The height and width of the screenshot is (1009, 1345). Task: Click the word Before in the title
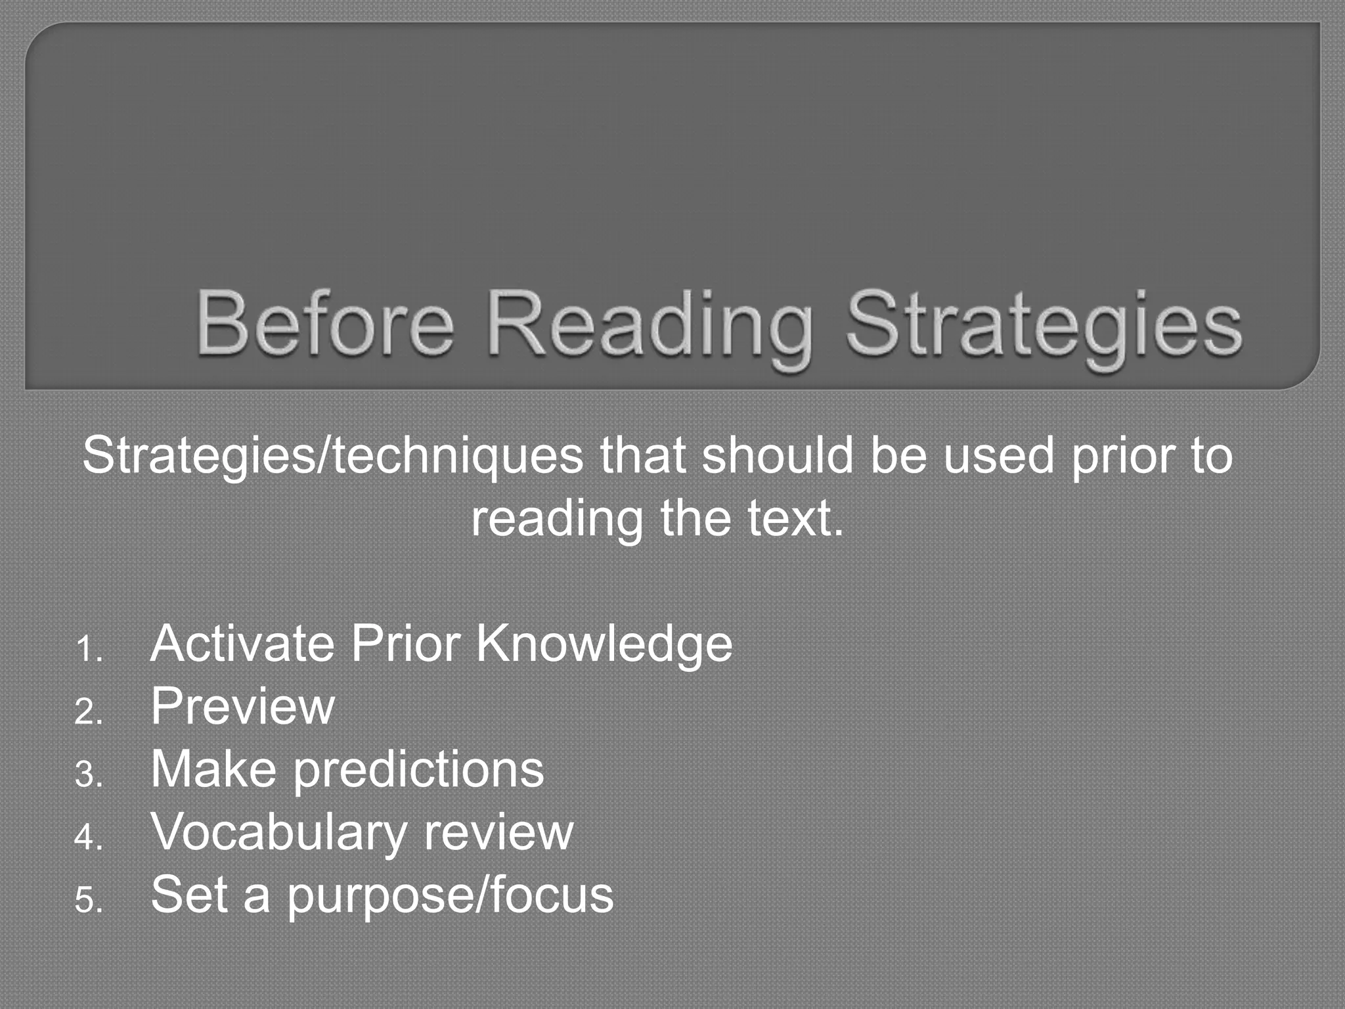point(325,325)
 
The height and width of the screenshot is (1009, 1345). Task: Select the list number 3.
point(88,774)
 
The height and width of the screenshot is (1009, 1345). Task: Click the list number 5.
point(88,900)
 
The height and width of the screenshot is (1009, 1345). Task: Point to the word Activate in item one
point(242,644)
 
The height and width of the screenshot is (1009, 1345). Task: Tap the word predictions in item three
point(418,771)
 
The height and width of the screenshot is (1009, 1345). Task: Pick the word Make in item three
point(213,769)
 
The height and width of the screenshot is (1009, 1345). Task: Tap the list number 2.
point(88,712)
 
